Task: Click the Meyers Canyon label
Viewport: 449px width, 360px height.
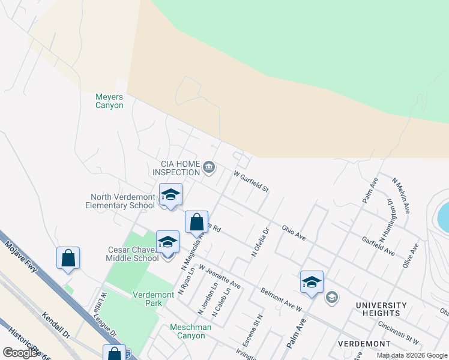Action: [109, 101]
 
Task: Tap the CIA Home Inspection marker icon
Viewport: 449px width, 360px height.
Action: [209, 167]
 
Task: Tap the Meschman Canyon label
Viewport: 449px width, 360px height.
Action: [179, 331]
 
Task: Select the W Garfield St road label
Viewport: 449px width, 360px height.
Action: [251, 180]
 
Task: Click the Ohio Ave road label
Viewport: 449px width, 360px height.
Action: [294, 233]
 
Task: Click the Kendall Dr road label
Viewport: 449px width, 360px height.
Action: [57, 325]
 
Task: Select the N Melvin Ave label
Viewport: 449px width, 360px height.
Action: [401, 196]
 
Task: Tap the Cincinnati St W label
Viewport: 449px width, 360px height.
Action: [398, 332]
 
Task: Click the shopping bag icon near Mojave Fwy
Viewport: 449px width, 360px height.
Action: [68, 259]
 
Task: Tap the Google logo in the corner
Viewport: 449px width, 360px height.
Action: [20, 353]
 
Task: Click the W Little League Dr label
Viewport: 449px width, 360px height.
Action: [109, 314]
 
